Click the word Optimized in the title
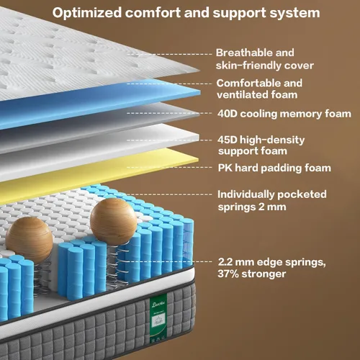(87, 13)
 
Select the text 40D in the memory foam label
(228, 114)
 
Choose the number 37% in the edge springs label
(228, 274)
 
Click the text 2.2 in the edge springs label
(225, 262)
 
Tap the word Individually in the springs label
(246, 194)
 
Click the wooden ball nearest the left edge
(29, 240)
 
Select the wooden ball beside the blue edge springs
(113, 222)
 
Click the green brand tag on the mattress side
(158, 317)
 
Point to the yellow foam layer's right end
(197, 160)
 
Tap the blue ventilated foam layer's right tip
(199, 92)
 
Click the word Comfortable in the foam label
(248, 84)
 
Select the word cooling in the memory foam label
(258, 114)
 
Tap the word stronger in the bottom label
(264, 274)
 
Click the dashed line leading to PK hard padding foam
(169, 167)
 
